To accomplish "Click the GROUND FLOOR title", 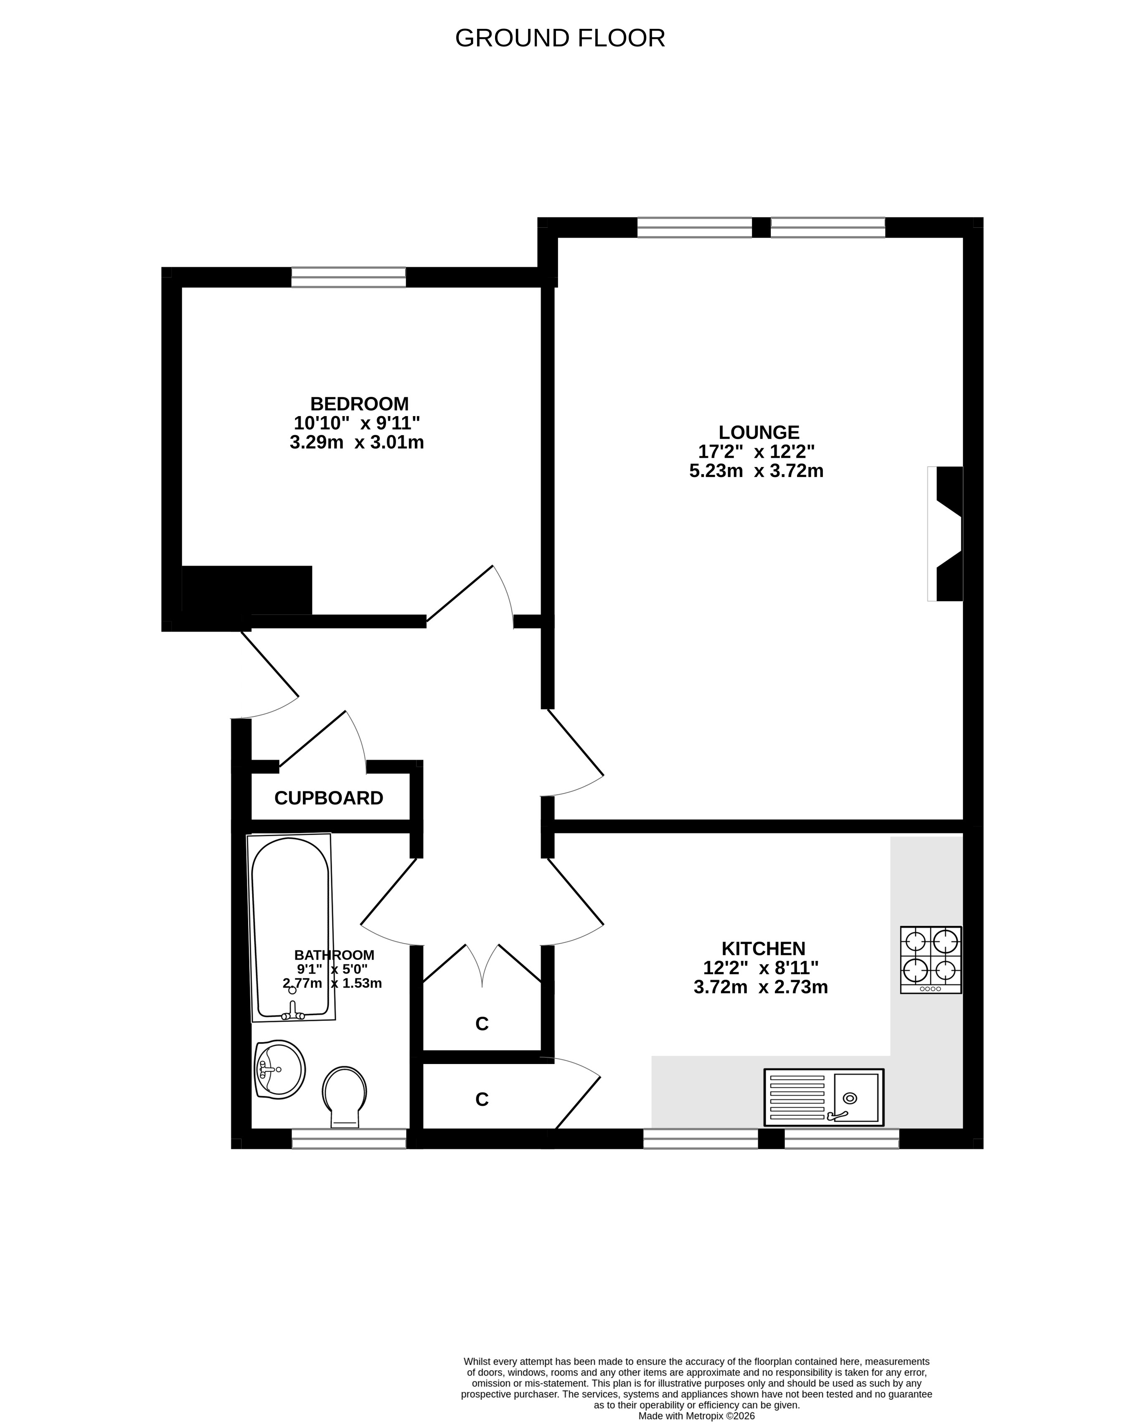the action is pyautogui.click(x=560, y=38).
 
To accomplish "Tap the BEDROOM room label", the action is pyautogui.click(x=360, y=404).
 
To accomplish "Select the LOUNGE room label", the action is pyautogui.click(x=759, y=433).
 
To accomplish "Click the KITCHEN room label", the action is pyautogui.click(x=763, y=948).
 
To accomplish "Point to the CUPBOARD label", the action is pyautogui.click(x=328, y=798).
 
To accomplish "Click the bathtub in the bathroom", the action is pyautogui.click(x=290, y=928).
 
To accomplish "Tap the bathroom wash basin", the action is pyautogui.click(x=279, y=1070).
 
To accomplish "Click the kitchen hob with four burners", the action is pyautogui.click(x=931, y=960).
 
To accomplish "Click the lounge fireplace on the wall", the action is pyautogui.click(x=945, y=533).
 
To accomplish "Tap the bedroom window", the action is pyautogui.click(x=349, y=277).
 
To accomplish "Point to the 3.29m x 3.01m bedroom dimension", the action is pyautogui.click(x=357, y=442).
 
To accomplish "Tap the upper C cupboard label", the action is pyautogui.click(x=482, y=1023).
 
